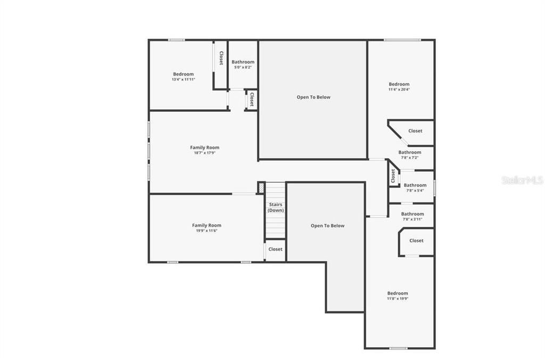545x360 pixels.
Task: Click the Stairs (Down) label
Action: coord(276,207)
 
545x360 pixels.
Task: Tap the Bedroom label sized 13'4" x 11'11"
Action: coord(183,74)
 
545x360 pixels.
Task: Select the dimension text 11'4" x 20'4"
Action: coord(399,89)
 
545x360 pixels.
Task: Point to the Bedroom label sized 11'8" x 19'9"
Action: coord(398,293)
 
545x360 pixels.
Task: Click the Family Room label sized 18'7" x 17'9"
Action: coord(204,148)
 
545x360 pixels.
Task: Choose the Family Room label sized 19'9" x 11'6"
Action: coord(207,225)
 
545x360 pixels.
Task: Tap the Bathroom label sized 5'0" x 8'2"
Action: coord(243,62)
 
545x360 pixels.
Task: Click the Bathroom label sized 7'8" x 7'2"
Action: coord(410,152)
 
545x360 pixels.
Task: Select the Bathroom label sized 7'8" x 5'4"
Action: coord(415,185)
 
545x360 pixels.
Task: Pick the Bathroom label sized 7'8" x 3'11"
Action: coord(412,214)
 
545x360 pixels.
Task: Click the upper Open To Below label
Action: coord(313,97)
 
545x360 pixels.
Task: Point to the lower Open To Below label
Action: coord(327,226)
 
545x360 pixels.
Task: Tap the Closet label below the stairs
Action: coord(275,249)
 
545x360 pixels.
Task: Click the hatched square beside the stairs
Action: coord(261,188)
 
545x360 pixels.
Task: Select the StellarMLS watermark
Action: coord(522,180)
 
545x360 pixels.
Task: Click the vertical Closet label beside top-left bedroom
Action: coord(221,58)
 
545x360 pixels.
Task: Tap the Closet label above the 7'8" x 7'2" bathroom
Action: coord(415,131)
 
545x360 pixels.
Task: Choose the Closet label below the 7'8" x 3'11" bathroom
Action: coord(416,241)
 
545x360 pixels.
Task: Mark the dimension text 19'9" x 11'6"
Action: coord(207,231)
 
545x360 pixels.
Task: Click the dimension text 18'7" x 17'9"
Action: coord(204,153)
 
